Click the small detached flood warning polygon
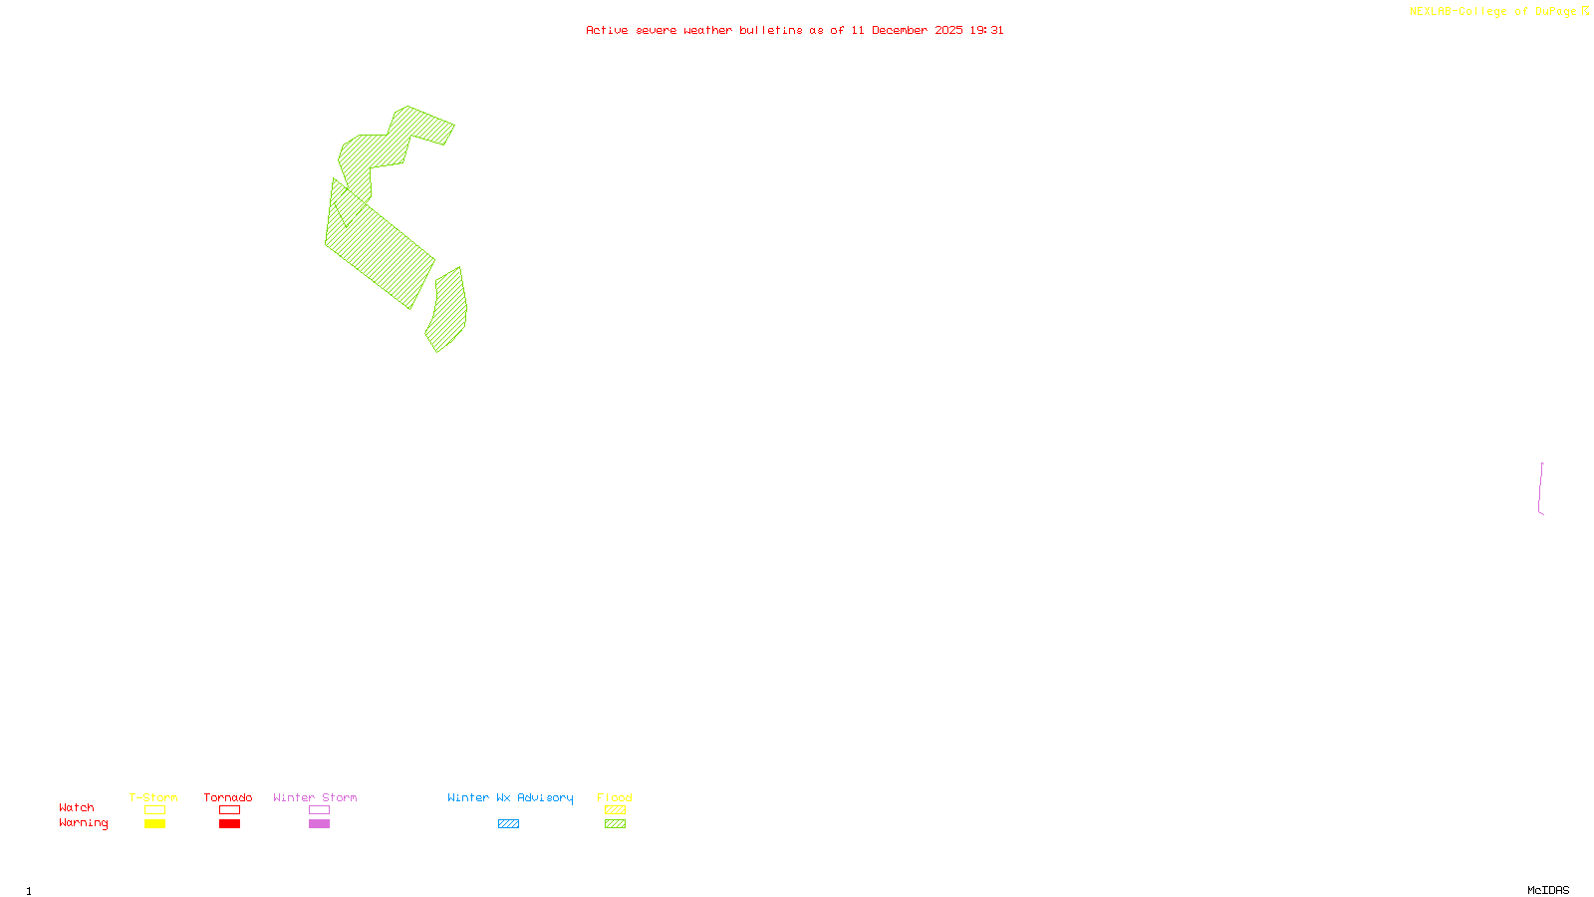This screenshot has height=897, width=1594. [448, 309]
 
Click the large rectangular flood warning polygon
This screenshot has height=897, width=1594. [379, 244]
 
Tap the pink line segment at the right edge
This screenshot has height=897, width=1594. [1541, 488]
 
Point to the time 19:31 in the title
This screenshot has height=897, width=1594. [986, 30]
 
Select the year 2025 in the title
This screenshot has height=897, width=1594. [948, 30]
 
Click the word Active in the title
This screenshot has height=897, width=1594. [607, 30]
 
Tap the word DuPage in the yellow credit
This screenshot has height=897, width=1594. [1555, 11]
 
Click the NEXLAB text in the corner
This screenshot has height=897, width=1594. [1430, 11]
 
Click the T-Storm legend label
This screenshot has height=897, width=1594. [153, 797]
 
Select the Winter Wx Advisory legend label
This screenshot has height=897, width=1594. [510, 797]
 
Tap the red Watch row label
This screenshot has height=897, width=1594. [77, 807]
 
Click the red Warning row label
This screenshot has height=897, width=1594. [83, 823]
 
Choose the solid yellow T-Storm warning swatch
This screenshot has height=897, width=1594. [154, 824]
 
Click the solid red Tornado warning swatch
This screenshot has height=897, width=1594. [229, 824]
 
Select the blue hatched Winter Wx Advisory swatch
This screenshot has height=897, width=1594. [508, 824]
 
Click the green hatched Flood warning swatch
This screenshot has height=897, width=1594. [615, 824]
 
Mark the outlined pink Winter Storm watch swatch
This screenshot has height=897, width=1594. [319, 810]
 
